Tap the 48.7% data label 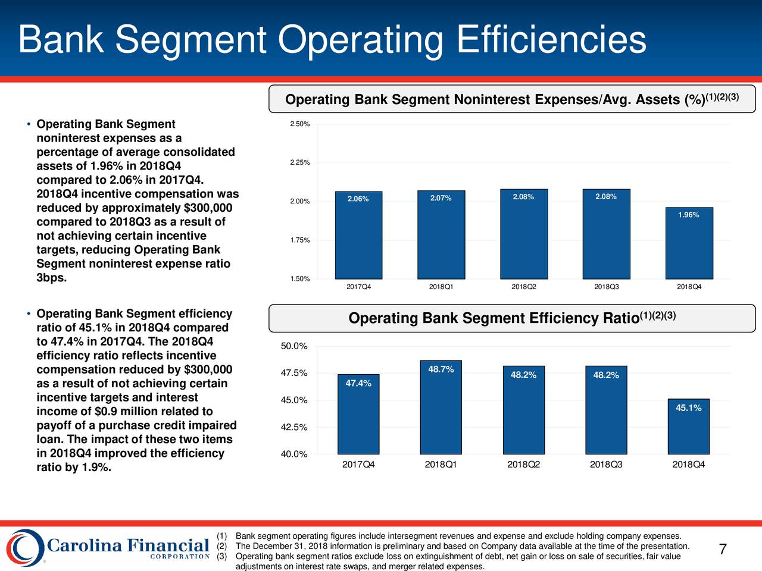[441, 370]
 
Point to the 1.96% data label [688, 215]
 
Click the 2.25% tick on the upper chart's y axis [299, 162]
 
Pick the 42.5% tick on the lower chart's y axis [293, 427]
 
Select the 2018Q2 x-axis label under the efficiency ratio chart [523, 465]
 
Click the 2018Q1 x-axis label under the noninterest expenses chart [441, 287]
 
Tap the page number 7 [723, 549]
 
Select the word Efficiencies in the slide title [551, 40]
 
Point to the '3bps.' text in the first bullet [52, 278]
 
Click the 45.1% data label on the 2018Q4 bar [688, 407]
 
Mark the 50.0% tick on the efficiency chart [293, 346]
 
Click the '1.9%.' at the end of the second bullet [96, 468]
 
